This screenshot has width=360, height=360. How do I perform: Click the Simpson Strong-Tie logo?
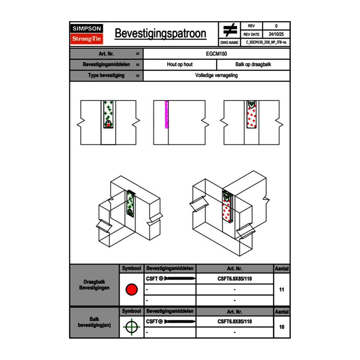coord(87,34)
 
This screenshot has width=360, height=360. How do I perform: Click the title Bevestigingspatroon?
coord(160,34)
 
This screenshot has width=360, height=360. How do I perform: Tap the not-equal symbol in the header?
coord(230,30)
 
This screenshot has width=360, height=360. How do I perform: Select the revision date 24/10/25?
coord(276,34)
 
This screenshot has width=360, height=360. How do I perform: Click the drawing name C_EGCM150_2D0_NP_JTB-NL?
coord(266,42)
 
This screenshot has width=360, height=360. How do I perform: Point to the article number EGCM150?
coord(216,54)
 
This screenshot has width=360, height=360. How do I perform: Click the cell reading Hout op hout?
coord(180,65)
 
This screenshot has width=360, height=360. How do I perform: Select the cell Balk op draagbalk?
coord(253,65)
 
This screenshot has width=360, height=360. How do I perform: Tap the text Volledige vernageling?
coord(216,76)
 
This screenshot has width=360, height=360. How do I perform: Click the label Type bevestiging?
coord(106,76)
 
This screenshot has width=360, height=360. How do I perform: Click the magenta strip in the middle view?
coord(166,115)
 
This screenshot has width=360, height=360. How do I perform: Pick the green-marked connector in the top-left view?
coord(108,114)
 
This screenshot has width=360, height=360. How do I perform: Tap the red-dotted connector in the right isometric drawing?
coord(227,207)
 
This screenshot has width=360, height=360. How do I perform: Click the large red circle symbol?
coord(131,290)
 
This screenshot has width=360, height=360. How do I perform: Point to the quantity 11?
coord(281,290)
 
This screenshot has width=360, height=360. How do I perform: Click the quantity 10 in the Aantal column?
coord(281,327)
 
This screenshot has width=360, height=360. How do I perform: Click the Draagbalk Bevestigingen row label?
coord(94,285)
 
